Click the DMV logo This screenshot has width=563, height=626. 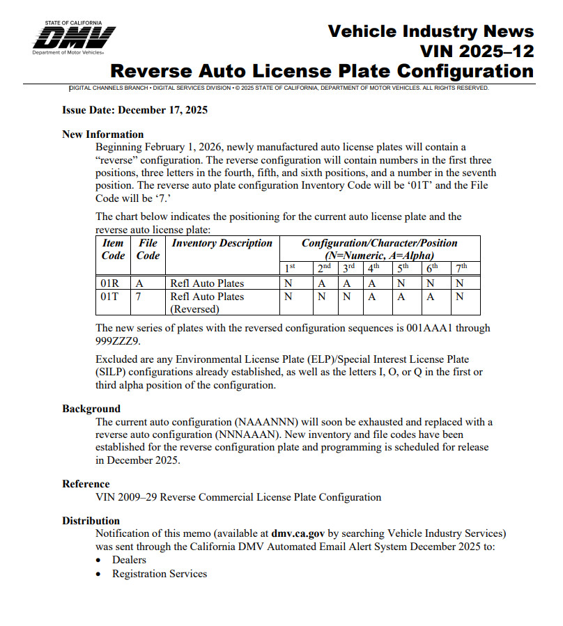coord(74,38)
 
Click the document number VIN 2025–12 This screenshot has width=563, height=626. coord(477,51)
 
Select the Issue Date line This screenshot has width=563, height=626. coord(134,110)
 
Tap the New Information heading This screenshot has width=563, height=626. coord(102,134)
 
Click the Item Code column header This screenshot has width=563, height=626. coord(113,249)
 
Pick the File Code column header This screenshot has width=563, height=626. coord(148,249)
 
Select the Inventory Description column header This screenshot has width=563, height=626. coord(222,243)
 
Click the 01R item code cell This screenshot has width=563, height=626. coord(111,283)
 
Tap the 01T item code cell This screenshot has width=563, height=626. coord(111,297)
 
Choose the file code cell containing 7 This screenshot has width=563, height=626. coord(139,297)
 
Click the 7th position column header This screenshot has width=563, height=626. coord(461,268)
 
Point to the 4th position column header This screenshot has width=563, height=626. coord(374,268)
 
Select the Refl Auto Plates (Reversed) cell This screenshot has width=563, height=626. coord(207,303)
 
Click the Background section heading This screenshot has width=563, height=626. coord(91,409)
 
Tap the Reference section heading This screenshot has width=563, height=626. coord(86,484)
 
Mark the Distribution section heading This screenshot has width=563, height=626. coord(91,521)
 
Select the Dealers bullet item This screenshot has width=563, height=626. coord(129,560)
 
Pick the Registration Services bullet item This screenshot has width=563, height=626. coord(160,574)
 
